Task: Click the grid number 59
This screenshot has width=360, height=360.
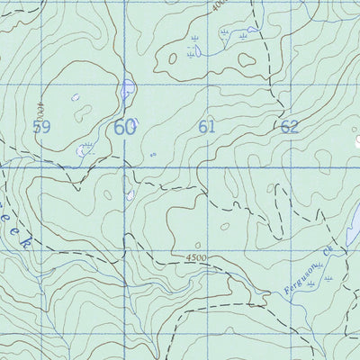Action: pos(40,127)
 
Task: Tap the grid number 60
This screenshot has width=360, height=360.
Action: pos(124,127)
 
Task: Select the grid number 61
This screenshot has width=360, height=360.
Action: pos(207,127)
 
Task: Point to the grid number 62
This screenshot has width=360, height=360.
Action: pos(289,127)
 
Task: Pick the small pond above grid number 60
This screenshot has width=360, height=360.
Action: pos(128,89)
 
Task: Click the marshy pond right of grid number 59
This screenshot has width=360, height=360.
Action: pos(85,150)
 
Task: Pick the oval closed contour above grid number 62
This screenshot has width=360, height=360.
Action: pos(247,60)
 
